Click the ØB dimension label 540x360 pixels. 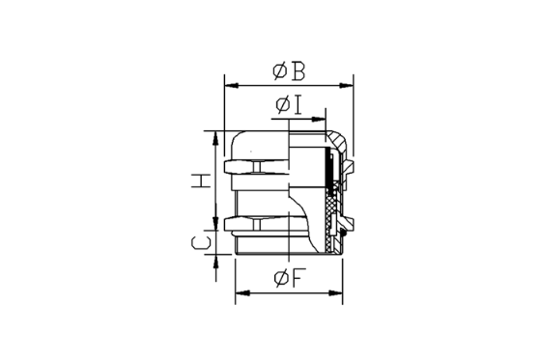point(289,71)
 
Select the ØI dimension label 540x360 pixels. point(289,105)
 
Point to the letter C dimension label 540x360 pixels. point(201,242)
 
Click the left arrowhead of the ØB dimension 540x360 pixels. point(232,85)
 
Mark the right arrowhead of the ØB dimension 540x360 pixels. point(347,85)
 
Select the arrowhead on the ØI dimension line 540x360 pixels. point(319,120)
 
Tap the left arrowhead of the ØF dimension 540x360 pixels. point(242,293)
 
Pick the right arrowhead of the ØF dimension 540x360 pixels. point(336,293)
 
